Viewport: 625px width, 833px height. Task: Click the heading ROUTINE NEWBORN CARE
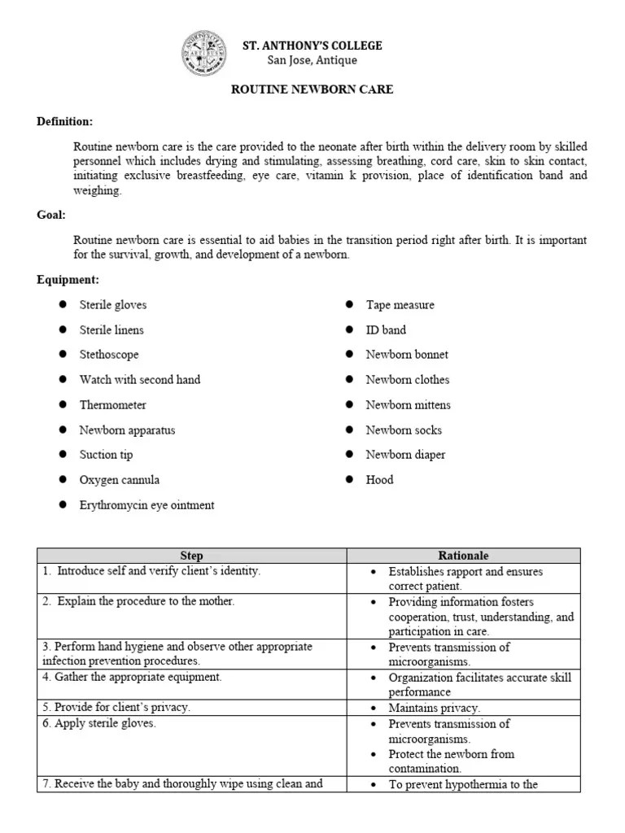click(312, 89)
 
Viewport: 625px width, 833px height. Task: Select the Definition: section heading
click(64, 122)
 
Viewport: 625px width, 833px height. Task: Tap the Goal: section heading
click(51, 215)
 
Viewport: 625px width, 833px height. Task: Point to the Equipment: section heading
click(68, 280)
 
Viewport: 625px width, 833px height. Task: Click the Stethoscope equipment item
click(109, 355)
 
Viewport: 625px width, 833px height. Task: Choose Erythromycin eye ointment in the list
click(146, 505)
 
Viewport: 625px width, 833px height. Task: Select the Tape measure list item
click(400, 305)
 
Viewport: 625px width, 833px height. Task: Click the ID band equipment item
click(386, 330)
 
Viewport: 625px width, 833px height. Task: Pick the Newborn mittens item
click(408, 405)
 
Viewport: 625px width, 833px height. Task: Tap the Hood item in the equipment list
click(379, 480)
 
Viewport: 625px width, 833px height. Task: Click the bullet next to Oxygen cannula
click(63, 480)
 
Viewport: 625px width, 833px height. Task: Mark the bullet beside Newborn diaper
click(349, 455)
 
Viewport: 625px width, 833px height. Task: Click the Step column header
click(191, 556)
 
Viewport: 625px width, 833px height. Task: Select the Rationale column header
click(463, 556)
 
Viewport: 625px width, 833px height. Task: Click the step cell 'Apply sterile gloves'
click(105, 723)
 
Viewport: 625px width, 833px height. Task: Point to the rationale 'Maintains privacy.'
click(434, 708)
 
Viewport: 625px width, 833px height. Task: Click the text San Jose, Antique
click(312, 60)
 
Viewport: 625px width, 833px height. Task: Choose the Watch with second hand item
click(139, 380)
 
